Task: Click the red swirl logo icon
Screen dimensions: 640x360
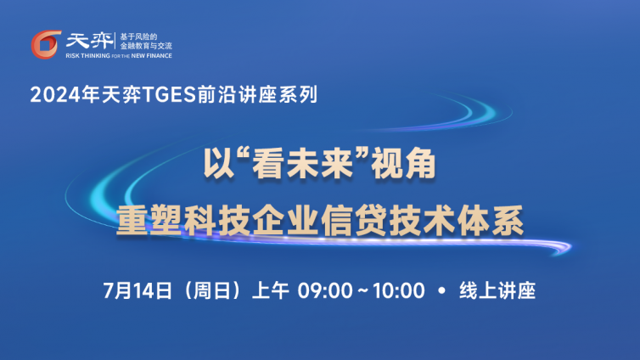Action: click(x=46, y=44)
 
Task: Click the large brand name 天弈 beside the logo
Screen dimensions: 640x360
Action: click(x=90, y=41)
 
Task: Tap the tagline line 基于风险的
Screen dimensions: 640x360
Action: click(x=138, y=37)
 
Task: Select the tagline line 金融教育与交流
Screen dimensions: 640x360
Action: click(x=146, y=46)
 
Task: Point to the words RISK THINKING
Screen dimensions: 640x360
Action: click(x=87, y=55)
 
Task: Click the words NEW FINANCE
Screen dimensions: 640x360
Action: click(x=151, y=55)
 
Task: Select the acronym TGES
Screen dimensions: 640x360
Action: click(x=169, y=95)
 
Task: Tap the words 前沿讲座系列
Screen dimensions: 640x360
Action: click(x=257, y=95)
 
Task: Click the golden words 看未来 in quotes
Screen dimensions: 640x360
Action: click(x=302, y=164)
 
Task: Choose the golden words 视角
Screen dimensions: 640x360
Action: click(x=403, y=164)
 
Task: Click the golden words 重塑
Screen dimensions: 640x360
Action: click(x=149, y=221)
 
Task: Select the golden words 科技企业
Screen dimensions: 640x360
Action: click(x=251, y=221)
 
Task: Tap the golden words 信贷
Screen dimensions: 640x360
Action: click(x=354, y=221)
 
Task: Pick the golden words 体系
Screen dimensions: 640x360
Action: click(x=491, y=221)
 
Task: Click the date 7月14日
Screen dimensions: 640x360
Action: click(x=138, y=290)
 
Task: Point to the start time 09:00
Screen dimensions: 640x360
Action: click(x=325, y=290)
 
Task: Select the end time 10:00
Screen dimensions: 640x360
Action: click(x=398, y=290)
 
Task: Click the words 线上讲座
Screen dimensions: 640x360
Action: click(x=497, y=290)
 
